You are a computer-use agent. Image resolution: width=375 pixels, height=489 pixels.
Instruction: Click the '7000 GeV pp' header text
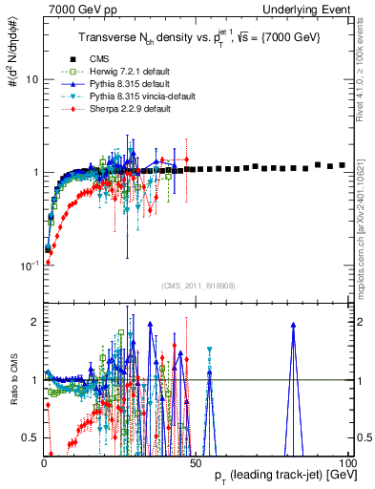[75, 9]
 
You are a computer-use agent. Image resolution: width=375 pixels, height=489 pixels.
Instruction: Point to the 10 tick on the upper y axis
[31, 79]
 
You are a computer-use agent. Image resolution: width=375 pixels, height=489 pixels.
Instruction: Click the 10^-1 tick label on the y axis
[29, 265]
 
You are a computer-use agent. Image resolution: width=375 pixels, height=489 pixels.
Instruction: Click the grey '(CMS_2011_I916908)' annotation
[195, 286]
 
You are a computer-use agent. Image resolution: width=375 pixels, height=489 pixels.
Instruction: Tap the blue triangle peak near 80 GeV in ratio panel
[293, 325]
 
